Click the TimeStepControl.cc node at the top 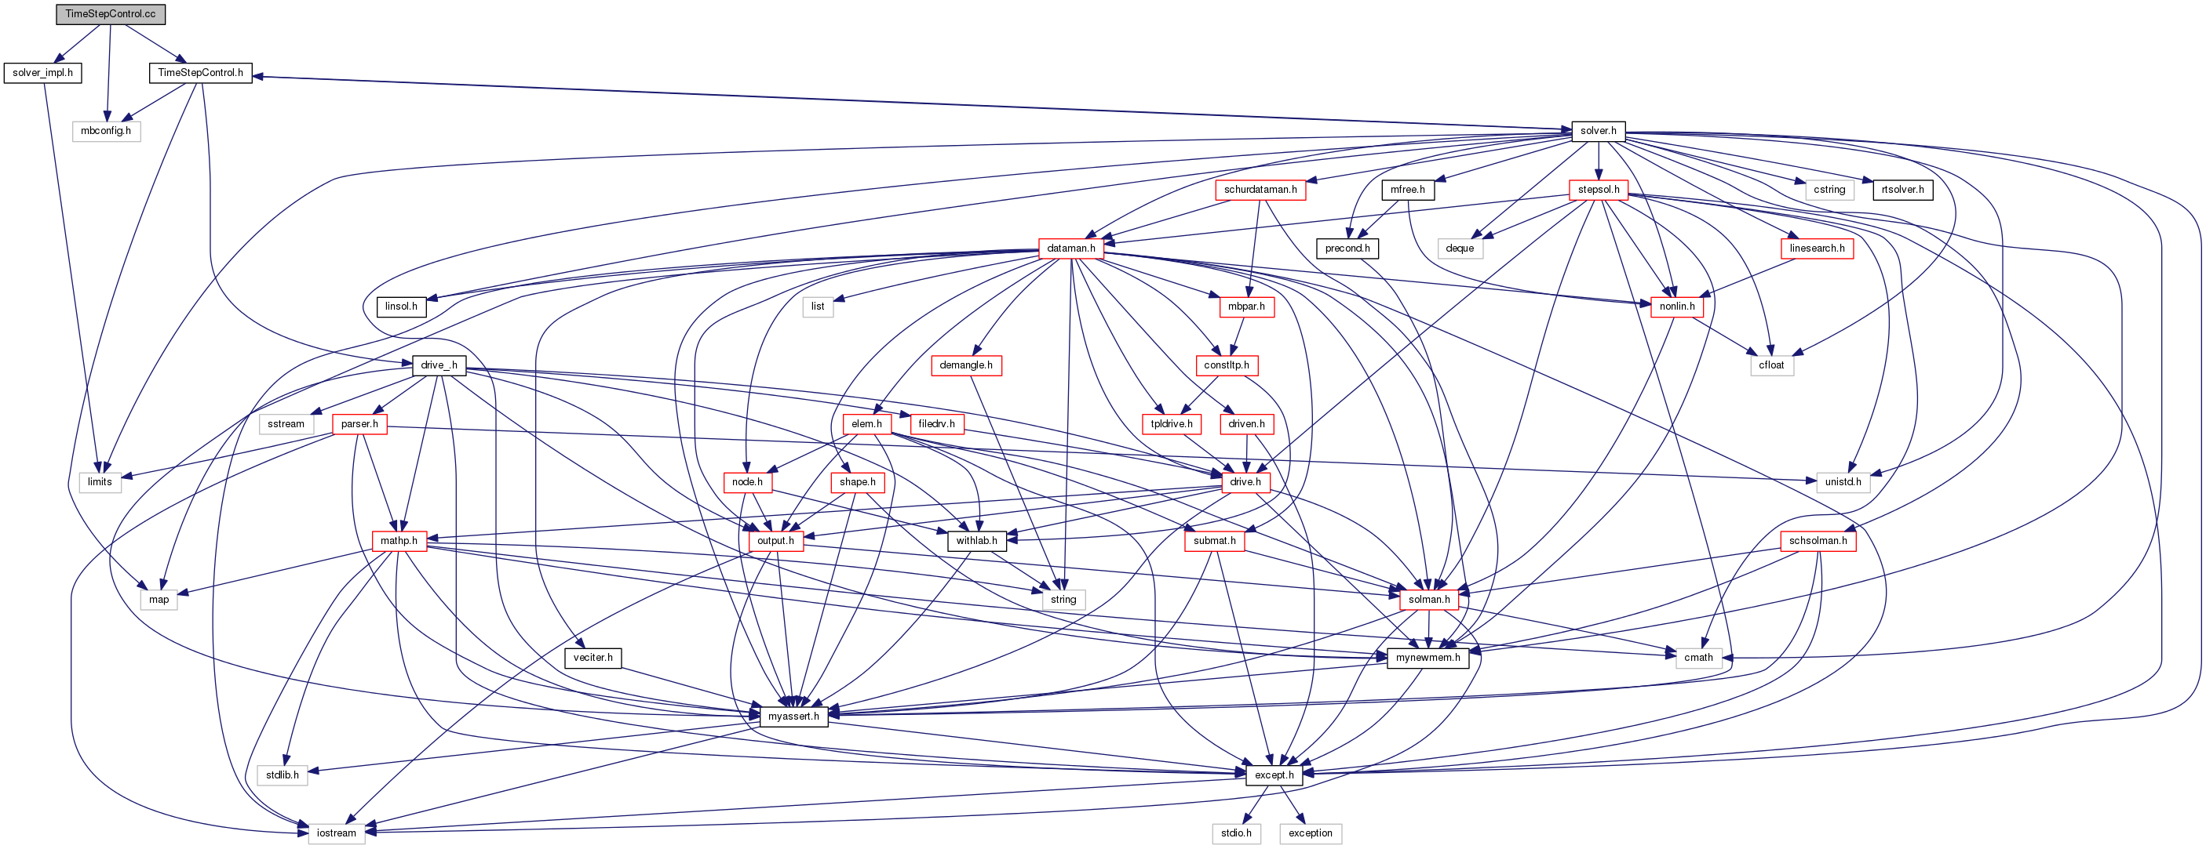point(110,13)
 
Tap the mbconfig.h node point(105,131)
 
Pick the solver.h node point(1598,131)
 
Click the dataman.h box point(1070,249)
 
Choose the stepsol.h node point(1598,189)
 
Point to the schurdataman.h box point(1260,189)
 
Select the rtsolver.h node point(1902,189)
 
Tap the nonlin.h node point(1677,307)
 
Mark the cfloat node point(1771,365)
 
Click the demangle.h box point(965,365)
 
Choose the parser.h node point(359,423)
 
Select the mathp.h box point(399,541)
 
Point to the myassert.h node point(793,717)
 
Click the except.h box point(1274,775)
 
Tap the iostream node point(336,833)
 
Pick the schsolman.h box point(1818,541)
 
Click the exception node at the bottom point(1311,833)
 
